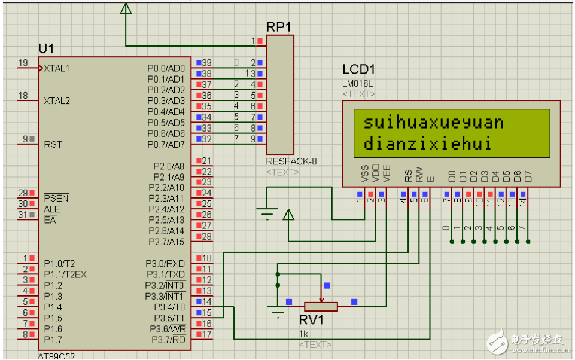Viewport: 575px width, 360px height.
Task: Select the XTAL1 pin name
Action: (x=57, y=68)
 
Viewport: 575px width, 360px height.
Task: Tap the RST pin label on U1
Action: (x=53, y=145)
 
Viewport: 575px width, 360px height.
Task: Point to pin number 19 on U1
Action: (x=23, y=63)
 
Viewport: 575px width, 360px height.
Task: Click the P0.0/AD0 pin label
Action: (x=166, y=68)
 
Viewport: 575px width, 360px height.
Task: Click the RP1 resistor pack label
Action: (x=279, y=28)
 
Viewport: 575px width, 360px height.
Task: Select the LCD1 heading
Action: (x=360, y=70)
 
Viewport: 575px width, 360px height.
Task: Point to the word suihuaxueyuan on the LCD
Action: (x=433, y=123)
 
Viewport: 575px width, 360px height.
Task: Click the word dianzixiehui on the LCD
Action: (x=427, y=144)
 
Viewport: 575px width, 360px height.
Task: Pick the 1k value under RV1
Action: (x=305, y=333)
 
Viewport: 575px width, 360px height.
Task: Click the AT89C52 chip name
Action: (x=57, y=355)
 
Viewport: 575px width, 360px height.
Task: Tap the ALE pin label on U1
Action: (x=52, y=209)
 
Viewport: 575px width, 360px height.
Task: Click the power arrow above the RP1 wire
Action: (x=126, y=8)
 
